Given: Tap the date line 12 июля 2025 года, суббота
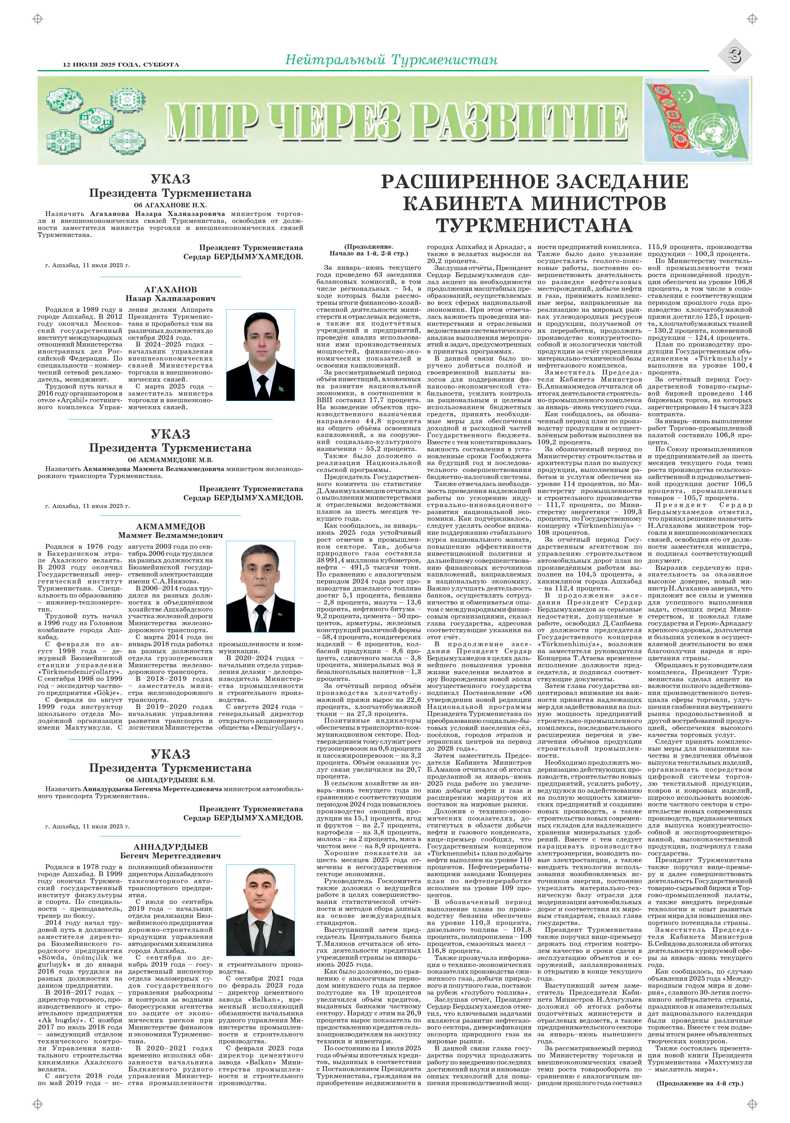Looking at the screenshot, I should [121, 65].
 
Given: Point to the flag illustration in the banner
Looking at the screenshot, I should [697, 121].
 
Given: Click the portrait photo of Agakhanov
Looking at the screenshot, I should [260, 355].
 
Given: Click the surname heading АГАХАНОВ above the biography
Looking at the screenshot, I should [170, 290].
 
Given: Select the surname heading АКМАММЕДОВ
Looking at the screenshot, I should [170, 526].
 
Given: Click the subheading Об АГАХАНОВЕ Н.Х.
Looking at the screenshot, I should [170, 205].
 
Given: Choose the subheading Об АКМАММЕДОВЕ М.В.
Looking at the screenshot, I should [170, 460].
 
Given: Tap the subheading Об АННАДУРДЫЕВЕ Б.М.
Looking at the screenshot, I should [170, 780].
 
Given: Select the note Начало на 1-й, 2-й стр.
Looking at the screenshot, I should [368, 254].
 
